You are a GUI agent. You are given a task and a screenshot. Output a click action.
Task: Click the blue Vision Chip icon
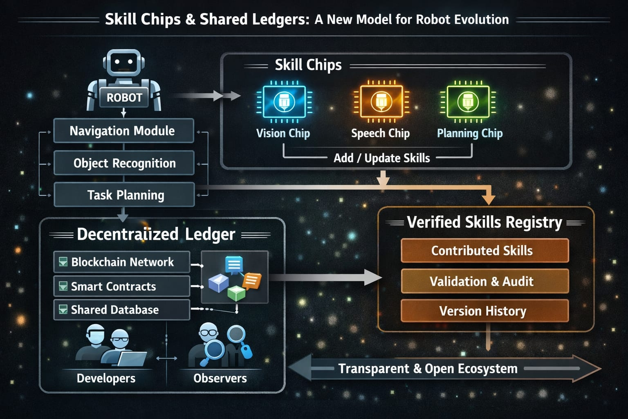(x=284, y=101)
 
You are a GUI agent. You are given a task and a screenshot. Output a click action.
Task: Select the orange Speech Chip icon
(x=381, y=101)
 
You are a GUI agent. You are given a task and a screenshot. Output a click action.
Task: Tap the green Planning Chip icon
(x=468, y=101)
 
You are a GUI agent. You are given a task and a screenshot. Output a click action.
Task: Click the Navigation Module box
(x=123, y=131)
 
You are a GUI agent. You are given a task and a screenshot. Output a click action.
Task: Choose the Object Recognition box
(x=124, y=163)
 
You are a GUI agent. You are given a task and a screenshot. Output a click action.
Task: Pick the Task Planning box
(x=125, y=195)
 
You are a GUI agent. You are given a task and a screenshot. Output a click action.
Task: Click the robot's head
(x=124, y=63)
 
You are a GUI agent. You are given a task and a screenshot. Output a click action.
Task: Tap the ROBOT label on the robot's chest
(x=124, y=98)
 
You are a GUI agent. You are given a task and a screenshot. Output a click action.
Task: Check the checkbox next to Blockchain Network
(x=63, y=262)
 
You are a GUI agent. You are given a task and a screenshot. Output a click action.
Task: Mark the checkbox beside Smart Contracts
(x=63, y=286)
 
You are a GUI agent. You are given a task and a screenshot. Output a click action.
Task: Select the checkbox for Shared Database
(x=63, y=310)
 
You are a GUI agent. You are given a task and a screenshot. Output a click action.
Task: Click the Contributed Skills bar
(x=484, y=250)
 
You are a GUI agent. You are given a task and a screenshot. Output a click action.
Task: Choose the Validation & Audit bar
(x=484, y=281)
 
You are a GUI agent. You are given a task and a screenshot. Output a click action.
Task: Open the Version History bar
(x=484, y=311)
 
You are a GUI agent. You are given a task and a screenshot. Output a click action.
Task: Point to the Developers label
(x=106, y=378)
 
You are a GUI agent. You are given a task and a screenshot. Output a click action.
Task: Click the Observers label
(x=220, y=378)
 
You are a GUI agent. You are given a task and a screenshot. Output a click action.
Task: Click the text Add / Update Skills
(x=381, y=158)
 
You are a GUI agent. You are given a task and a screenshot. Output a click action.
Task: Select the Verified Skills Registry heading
(x=484, y=222)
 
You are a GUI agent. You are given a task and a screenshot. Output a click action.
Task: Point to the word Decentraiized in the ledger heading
(x=128, y=234)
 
